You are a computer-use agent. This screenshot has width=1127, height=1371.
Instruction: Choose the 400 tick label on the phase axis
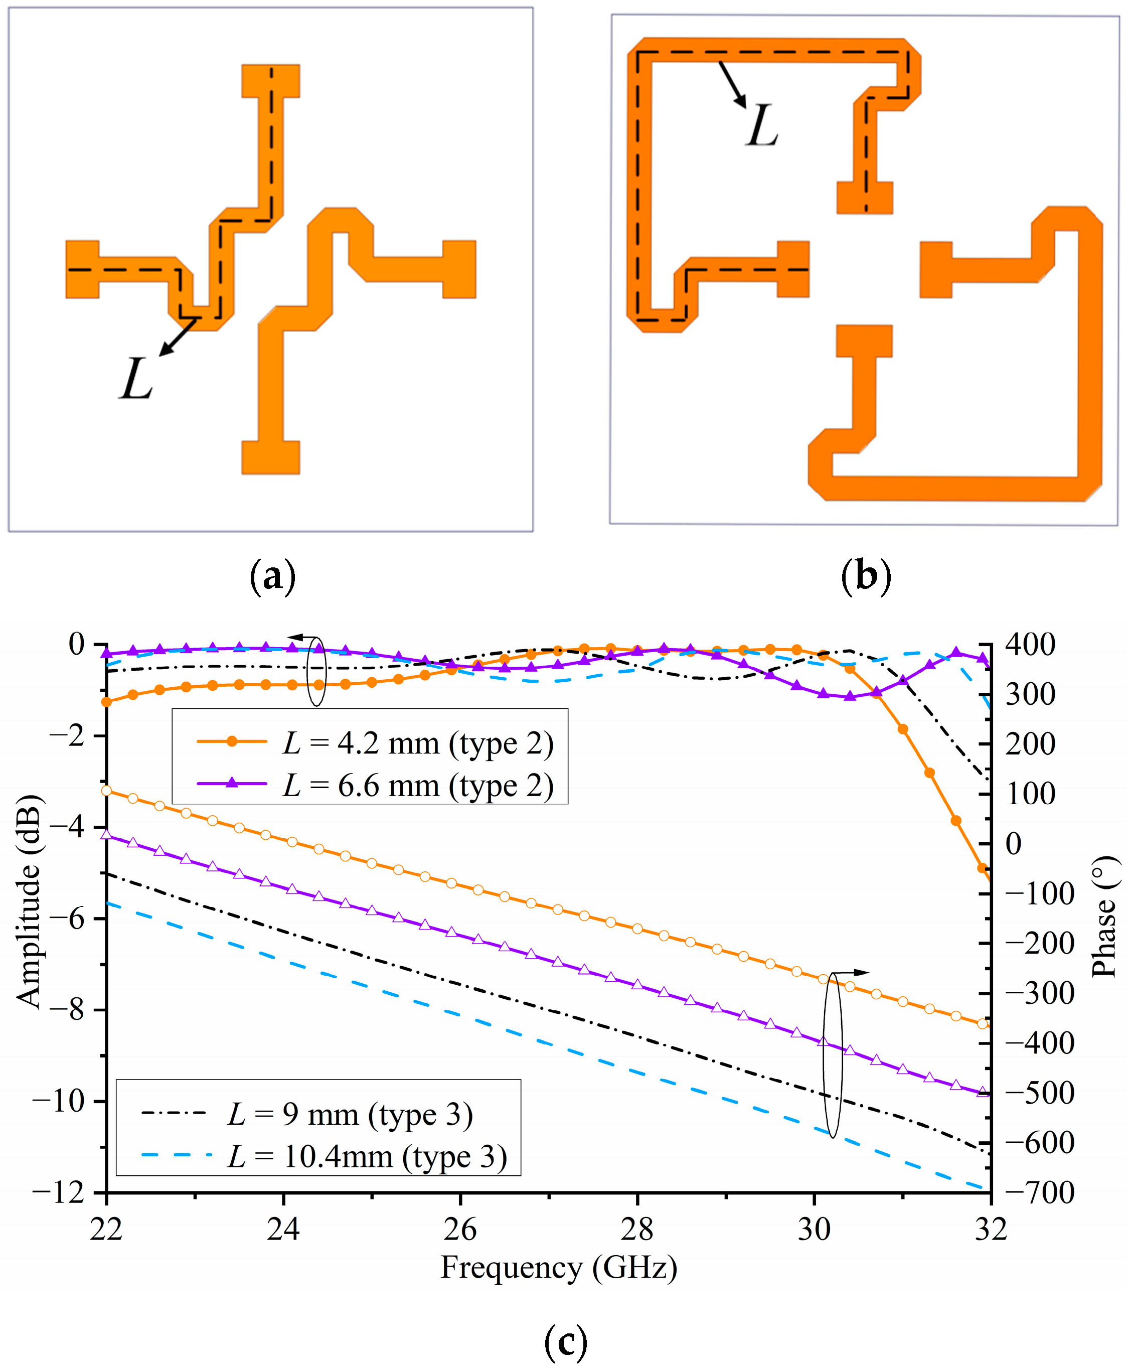pos(1030,645)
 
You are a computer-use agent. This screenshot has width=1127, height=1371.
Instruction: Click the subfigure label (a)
pos(273,576)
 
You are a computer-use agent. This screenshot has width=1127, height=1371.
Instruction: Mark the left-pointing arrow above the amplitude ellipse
pos(301,638)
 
